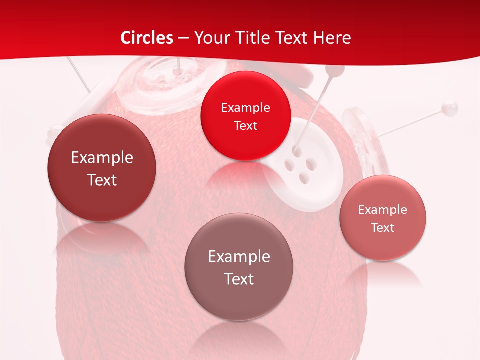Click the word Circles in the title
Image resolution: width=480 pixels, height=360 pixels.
point(146,38)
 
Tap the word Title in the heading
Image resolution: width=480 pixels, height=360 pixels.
point(254,38)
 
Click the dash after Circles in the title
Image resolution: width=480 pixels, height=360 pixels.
point(183,38)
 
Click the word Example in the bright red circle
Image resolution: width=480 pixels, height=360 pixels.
point(245,108)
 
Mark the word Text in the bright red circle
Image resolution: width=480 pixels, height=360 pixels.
point(245,126)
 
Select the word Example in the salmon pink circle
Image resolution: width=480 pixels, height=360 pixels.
point(383,210)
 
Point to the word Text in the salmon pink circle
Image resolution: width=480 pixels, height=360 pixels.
point(383,228)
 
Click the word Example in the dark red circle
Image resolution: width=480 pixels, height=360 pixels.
point(102,158)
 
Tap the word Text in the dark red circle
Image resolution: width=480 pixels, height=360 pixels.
point(102,180)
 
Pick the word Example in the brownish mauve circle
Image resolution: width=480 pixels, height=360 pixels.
point(239,257)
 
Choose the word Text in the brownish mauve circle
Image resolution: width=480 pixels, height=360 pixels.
point(239,279)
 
